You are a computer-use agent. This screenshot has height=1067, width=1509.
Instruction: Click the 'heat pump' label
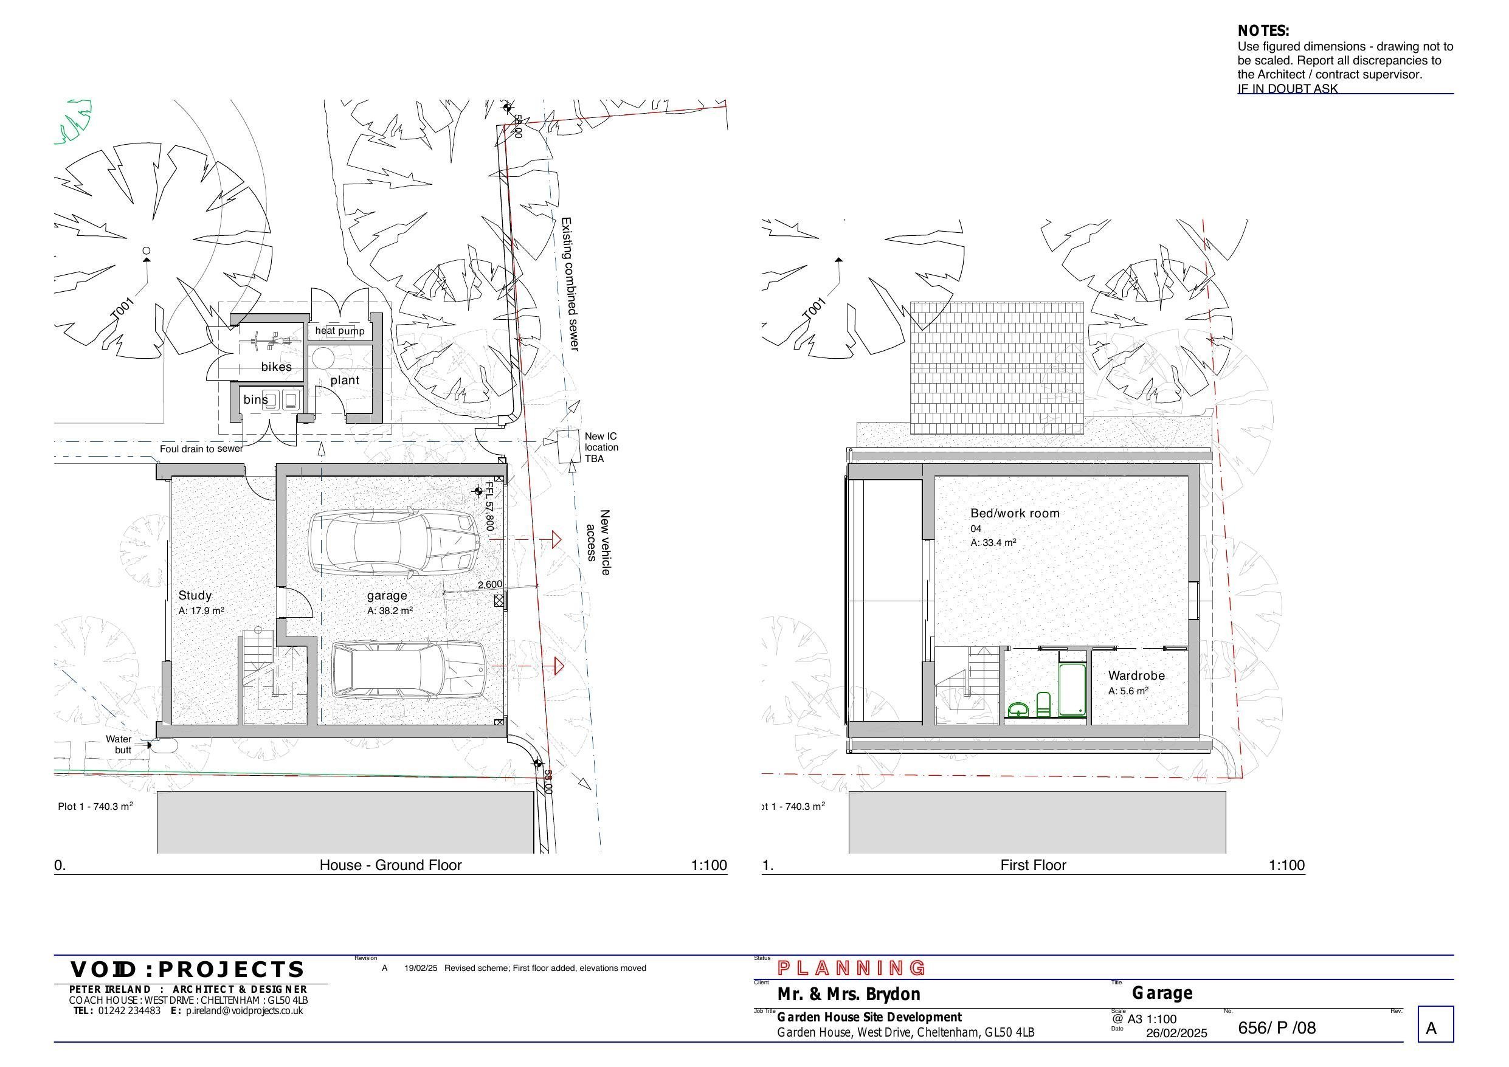[339, 331]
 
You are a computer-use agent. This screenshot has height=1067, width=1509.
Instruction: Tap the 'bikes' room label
[276, 367]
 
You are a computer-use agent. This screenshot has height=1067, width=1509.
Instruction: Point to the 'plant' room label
[345, 381]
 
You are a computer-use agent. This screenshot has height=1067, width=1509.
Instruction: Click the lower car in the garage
[408, 670]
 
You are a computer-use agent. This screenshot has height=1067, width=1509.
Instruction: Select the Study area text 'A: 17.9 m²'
[201, 611]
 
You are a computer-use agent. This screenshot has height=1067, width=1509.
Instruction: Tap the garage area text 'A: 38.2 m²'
[390, 611]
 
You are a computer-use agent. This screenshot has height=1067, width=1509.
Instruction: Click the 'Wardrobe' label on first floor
[1136, 676]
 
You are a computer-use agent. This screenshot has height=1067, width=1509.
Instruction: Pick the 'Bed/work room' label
[1015, 514]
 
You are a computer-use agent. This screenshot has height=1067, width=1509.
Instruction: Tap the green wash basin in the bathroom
[1018, 710]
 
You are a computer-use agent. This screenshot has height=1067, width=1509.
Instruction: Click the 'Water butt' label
[119, 744]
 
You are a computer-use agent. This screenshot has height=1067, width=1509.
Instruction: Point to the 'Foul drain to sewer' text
[201, 449]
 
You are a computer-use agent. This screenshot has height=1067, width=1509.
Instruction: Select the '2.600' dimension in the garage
[489, 584]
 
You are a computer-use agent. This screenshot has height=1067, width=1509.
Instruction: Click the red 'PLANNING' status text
[852, 968]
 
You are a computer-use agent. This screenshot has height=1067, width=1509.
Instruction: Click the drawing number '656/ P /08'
[1276, 1027]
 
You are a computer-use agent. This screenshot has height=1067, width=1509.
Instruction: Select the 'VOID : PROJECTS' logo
[187, 970]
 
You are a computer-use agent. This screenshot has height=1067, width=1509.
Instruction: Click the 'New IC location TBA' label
[601, 447]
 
